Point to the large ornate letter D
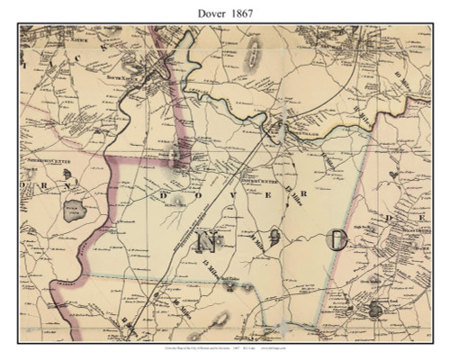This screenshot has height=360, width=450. tap(338, 240)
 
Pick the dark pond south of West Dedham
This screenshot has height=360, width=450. tap(373, 309)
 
